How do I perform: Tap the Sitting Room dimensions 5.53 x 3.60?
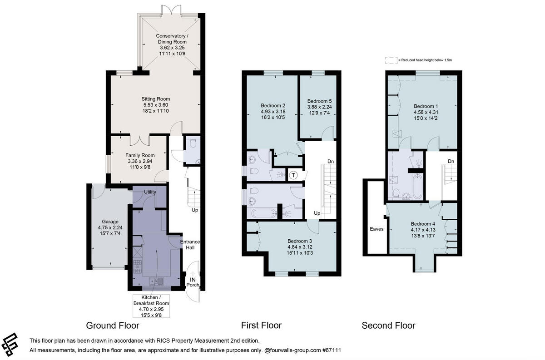point(156,105)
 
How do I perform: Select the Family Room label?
point(140,155)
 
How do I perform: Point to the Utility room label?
point(150,192)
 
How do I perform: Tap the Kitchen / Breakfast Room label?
point(151,300)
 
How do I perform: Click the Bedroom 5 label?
point(319,101)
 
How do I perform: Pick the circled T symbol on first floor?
point(293,175)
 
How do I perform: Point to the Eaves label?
point(377,229)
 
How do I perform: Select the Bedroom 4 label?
point(423,224)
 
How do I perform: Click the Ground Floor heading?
point(113,325)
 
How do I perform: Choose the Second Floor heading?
point(388,325)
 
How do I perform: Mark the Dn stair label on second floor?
point(451,162)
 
